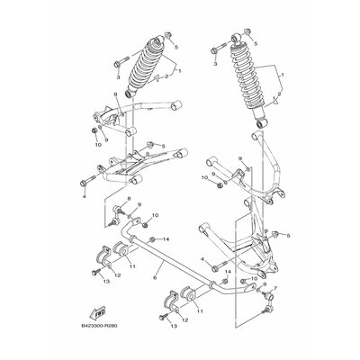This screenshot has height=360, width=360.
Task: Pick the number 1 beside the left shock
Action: (x=179, y=70)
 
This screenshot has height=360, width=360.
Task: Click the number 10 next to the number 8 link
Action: (x=156, y=216)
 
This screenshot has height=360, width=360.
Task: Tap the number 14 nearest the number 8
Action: (x=166, y=238)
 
